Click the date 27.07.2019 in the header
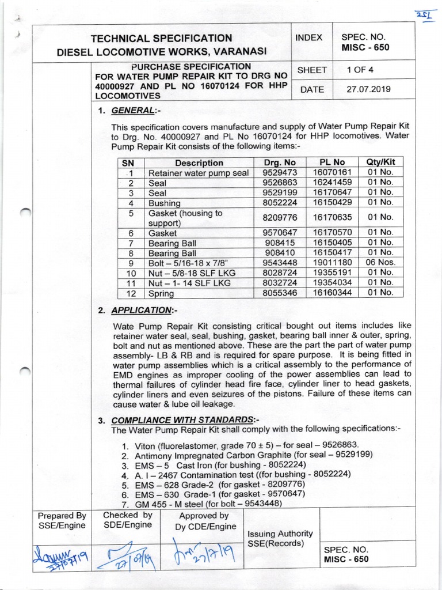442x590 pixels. [367, 89]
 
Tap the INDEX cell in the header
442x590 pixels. [309, 37]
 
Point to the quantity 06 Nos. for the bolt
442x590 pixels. [380, 263]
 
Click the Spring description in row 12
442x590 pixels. [161, 294]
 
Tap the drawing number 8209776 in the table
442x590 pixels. [279, 218]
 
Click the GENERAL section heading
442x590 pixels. [133, 111]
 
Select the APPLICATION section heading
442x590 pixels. [142, 311]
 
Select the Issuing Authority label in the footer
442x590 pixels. [280, 534]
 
